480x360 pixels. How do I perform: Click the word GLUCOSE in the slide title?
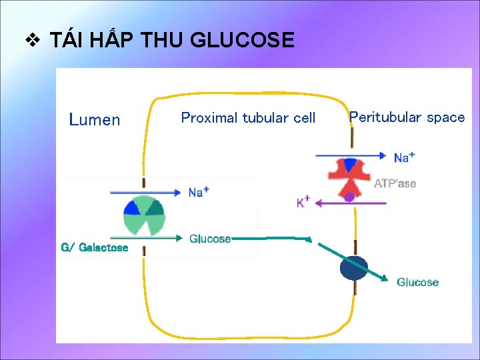click(x=242, y=41)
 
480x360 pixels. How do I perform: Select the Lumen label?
click(x=95, y=120)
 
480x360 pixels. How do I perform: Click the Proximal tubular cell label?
click(x=248, y=118)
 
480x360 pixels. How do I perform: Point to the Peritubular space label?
click(x=407, y=117)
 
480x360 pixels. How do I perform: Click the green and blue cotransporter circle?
click(x=144, y=215)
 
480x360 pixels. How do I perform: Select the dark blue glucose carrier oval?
click(x=353, y=268)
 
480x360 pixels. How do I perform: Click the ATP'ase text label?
click(x=395, y=183)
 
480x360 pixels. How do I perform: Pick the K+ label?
click(x=303, y=202)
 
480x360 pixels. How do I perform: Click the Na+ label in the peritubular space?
click(x=404, y=157)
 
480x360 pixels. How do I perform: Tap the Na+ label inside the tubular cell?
click(x=198, y=192)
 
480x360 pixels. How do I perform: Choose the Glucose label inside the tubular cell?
click(x=209, y=239)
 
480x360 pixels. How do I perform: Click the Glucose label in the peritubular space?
click(x=417, y=282)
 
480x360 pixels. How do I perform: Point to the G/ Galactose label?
click(x=94, y=247)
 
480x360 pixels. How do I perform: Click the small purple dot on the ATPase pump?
click(x=349, y=197)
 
